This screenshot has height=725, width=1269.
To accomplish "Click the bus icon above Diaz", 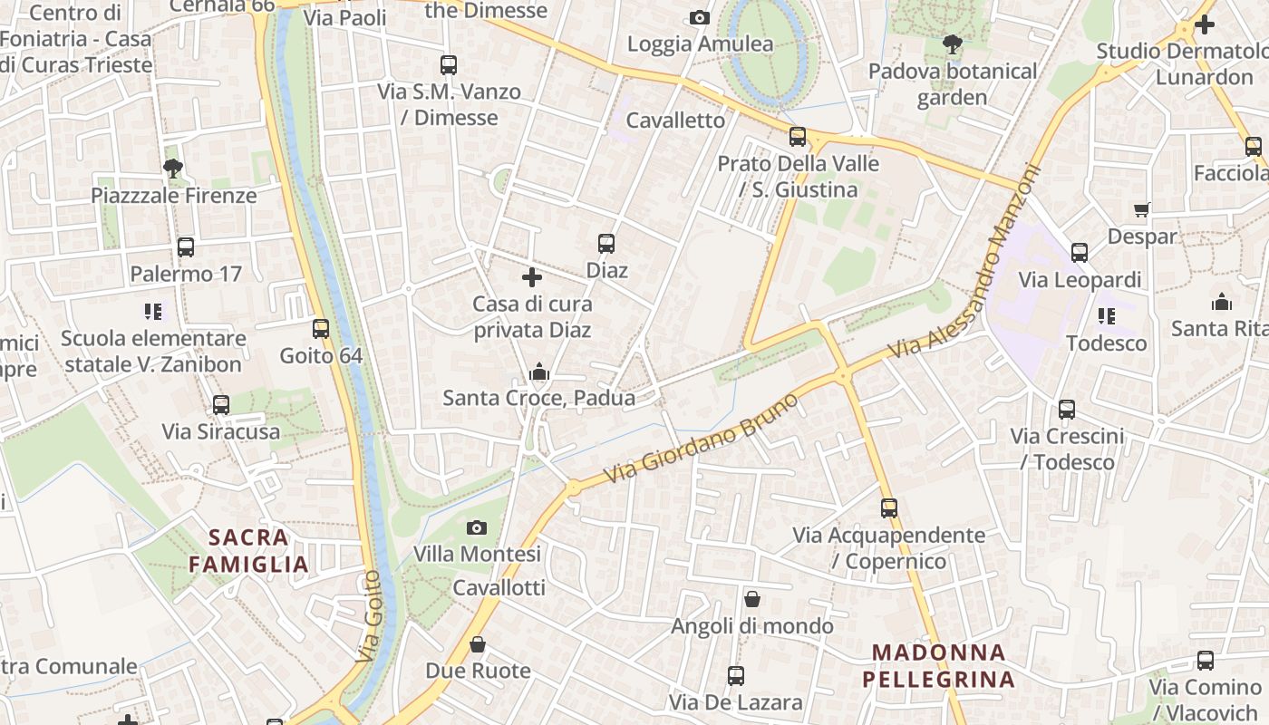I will pos(606,244).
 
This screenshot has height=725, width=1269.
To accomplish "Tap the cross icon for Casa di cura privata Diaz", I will pos(532,277).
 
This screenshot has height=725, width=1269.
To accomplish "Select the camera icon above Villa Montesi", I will pos(477,527).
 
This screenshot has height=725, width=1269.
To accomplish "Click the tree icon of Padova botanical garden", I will pos(952,43).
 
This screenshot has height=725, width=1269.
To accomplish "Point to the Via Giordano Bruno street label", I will pos(702,438).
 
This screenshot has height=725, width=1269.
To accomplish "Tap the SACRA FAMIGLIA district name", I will pos(249,551).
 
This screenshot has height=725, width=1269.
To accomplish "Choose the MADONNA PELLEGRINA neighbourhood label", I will pos(938,665).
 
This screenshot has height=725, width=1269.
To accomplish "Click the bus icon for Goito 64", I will pos(321,328).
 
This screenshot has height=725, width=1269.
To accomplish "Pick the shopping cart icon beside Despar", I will pos(1142,210).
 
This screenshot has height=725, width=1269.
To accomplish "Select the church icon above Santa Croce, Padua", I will pos(539,372).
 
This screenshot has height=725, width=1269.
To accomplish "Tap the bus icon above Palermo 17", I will pos(186,247).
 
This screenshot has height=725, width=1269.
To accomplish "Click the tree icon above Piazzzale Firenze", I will pos(173,168).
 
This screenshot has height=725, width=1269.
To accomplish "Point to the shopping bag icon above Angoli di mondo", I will pos(752,599).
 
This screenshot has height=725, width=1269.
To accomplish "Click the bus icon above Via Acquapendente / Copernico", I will pos(889,508).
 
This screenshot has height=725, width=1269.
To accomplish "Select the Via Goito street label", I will pos(369,616).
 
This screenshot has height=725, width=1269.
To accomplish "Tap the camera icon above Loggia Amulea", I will pos(700,18).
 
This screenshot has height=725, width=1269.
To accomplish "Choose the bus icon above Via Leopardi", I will pos(1080,253).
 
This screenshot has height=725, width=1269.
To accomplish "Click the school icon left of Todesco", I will pos(1107,316).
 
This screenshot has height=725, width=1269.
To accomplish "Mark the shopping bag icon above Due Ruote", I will pos(478,644).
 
